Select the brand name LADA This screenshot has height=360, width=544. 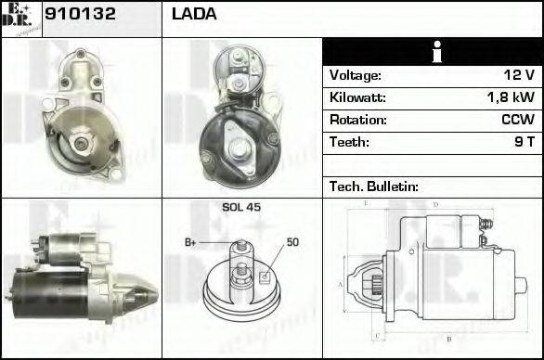click(194, 15)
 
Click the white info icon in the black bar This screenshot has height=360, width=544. click(433, 52)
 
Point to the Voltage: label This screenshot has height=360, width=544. click(356, 75)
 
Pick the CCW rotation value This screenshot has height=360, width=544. click(516, 120)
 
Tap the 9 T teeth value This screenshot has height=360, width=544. click(523, 142)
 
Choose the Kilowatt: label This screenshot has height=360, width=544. click(357, 97)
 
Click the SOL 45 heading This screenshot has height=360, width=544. click(240, 208)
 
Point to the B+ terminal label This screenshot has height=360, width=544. click(190, 242)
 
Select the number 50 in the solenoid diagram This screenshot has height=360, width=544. click(292, 242)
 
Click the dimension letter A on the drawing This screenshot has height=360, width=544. click(342, 283)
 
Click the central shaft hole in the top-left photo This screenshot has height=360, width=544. click(79, 141)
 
